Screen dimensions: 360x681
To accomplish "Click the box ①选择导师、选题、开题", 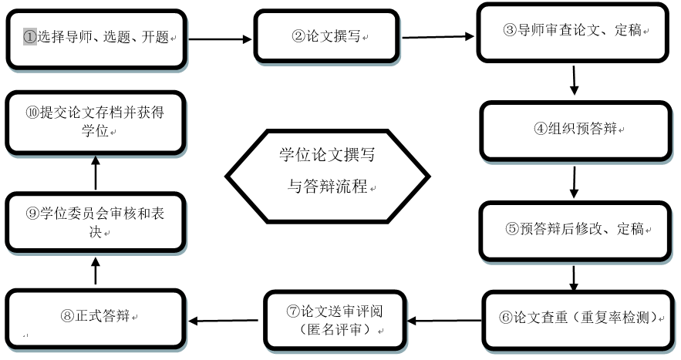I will point(96,38).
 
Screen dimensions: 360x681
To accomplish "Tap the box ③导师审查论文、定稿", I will point(575,32).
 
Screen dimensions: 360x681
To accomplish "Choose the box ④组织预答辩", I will point(575,130).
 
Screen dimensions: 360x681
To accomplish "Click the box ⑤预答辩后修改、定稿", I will point(575,230).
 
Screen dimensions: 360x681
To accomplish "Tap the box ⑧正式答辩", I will point(96,318).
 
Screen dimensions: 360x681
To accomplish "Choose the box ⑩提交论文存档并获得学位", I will point(96,122).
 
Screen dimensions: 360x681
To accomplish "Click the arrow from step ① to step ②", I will point(220,39).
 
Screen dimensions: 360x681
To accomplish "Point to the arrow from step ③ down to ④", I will point(575,80).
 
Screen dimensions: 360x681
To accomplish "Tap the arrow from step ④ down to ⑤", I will point(575,180).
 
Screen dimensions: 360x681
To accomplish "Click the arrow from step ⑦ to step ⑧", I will point(224,320).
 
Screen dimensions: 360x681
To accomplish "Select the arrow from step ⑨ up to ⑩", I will point(96,173).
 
